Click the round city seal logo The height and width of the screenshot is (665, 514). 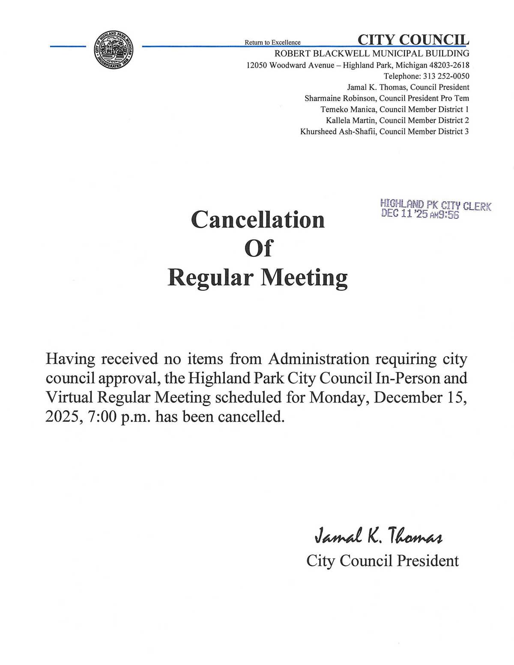coord(114,49)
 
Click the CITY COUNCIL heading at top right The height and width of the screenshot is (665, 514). coord(413,40)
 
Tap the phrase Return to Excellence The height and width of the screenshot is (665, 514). coord(272,42)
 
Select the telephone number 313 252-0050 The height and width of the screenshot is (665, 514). coord(446,76)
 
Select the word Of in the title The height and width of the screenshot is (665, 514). coord(258,248)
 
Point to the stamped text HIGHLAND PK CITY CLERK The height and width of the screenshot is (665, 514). coord(436,206)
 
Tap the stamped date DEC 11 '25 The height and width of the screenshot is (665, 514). coord(404,215)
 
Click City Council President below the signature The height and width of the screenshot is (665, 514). coord(383,561)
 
